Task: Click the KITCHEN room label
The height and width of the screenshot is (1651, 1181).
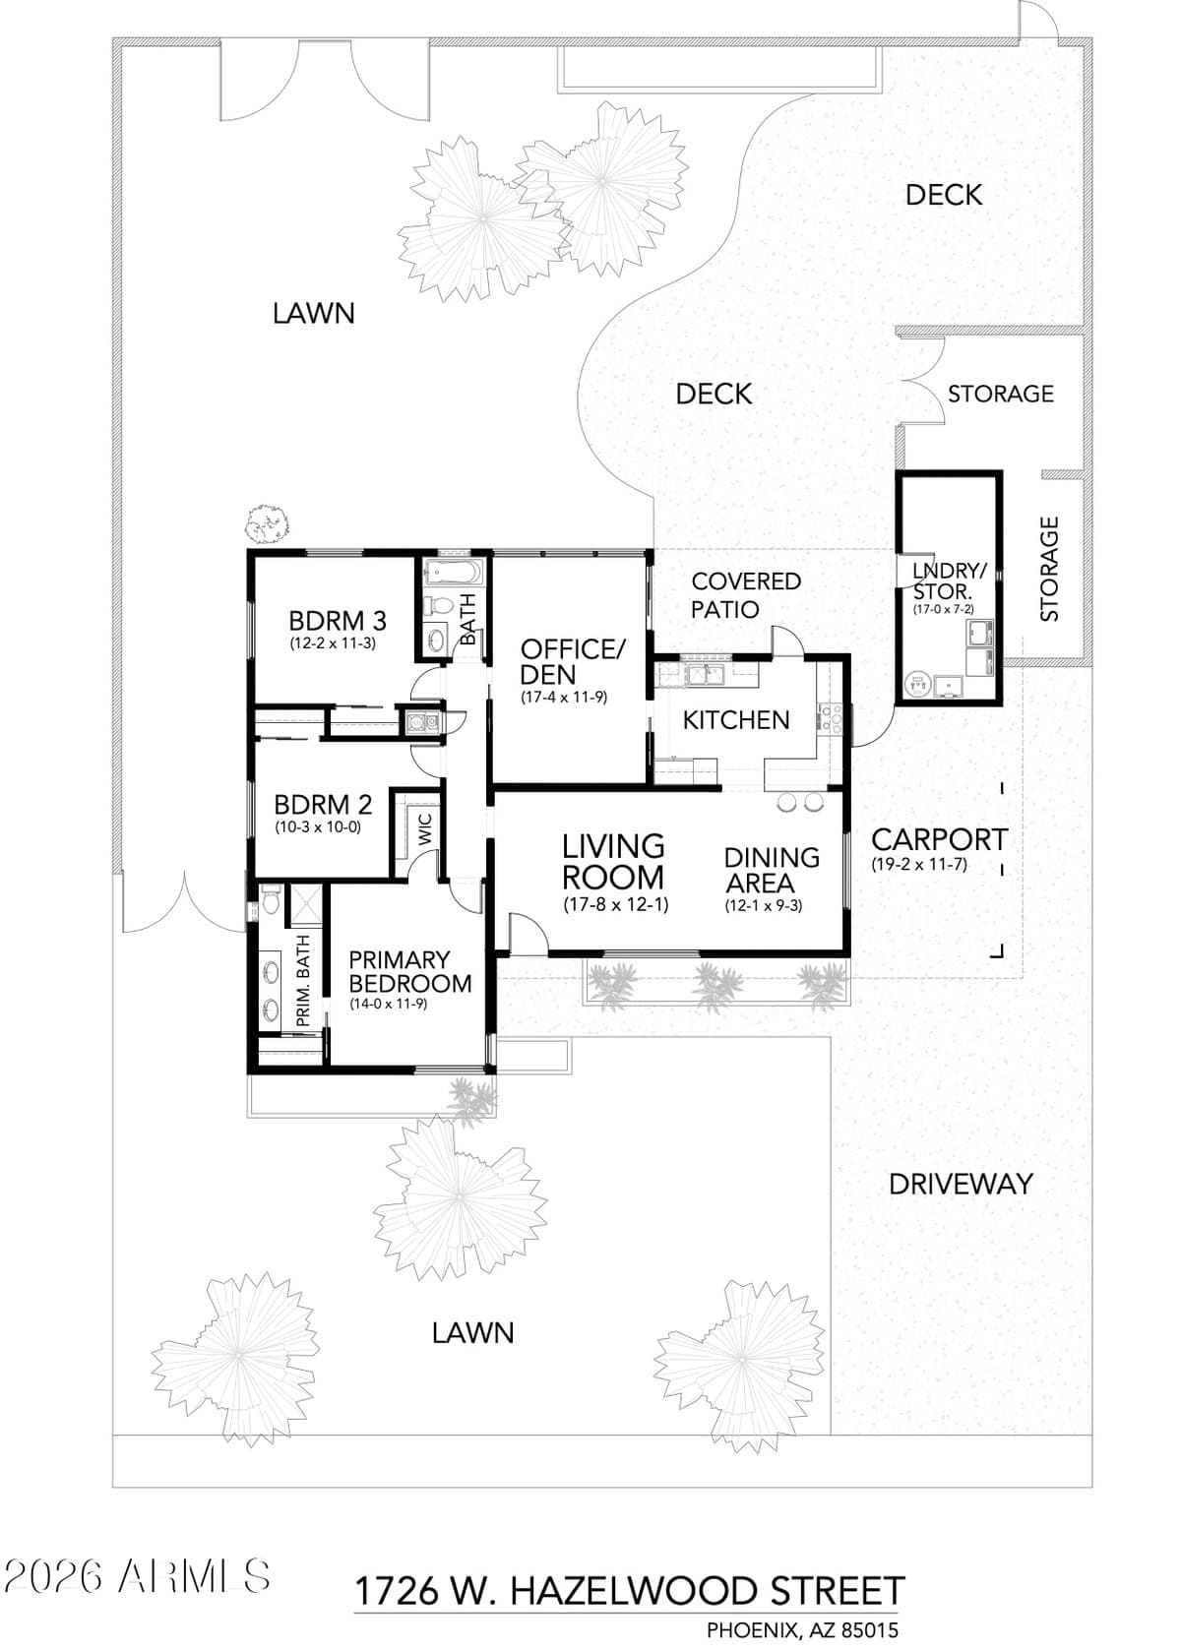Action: (736, 720)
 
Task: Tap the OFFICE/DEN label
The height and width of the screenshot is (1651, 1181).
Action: (572, 662)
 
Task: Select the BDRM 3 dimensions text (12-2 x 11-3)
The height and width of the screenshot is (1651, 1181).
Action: (333, 644)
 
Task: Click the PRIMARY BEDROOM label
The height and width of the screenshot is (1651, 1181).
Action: (409, 971)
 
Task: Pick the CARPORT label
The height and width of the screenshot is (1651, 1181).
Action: (939, 840)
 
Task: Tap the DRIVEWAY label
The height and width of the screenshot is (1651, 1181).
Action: (961, 1184)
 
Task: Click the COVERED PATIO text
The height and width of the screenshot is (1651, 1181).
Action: (745, 595)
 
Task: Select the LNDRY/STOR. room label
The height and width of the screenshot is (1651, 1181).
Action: (949, 581)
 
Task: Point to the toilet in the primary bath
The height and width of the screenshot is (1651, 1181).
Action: (271, 897)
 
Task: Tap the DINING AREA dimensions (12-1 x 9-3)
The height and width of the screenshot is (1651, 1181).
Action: (764, 906)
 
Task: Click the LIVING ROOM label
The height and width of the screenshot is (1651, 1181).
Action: (613, 861)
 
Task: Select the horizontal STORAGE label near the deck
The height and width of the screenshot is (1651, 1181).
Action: (1000, 394)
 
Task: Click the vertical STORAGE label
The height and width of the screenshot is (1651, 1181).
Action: (1050, 569)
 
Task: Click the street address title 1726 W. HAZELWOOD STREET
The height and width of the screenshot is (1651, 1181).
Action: (629, 1591)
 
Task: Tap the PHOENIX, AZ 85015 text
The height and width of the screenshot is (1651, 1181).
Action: (802, 1630)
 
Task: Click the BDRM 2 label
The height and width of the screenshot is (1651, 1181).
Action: (323, 805)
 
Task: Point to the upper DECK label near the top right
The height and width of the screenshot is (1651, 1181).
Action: (943, 195)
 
